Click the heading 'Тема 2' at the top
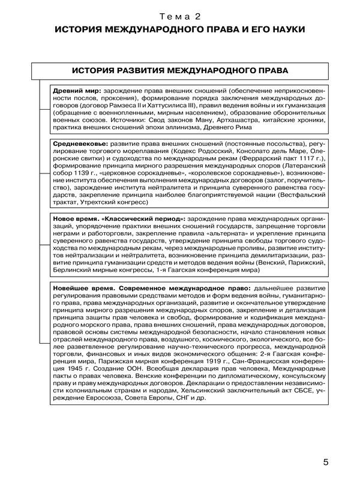point(179,14)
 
